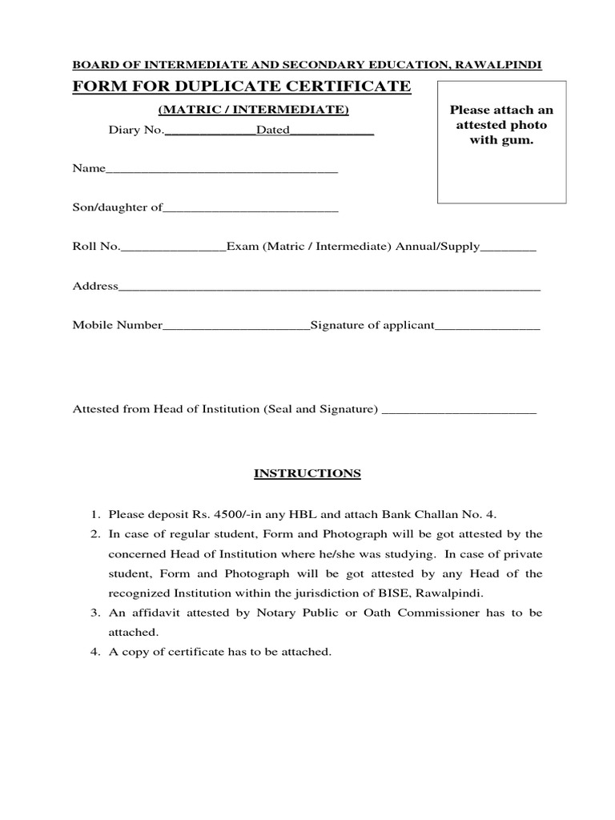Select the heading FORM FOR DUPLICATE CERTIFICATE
point(242,86)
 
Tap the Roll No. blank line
point(173,249)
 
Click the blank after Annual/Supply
point(508,249)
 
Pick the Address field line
point(329,288)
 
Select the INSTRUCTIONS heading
point(307,473)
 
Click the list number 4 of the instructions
point(94,653)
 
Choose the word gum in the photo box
point(518,141)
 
